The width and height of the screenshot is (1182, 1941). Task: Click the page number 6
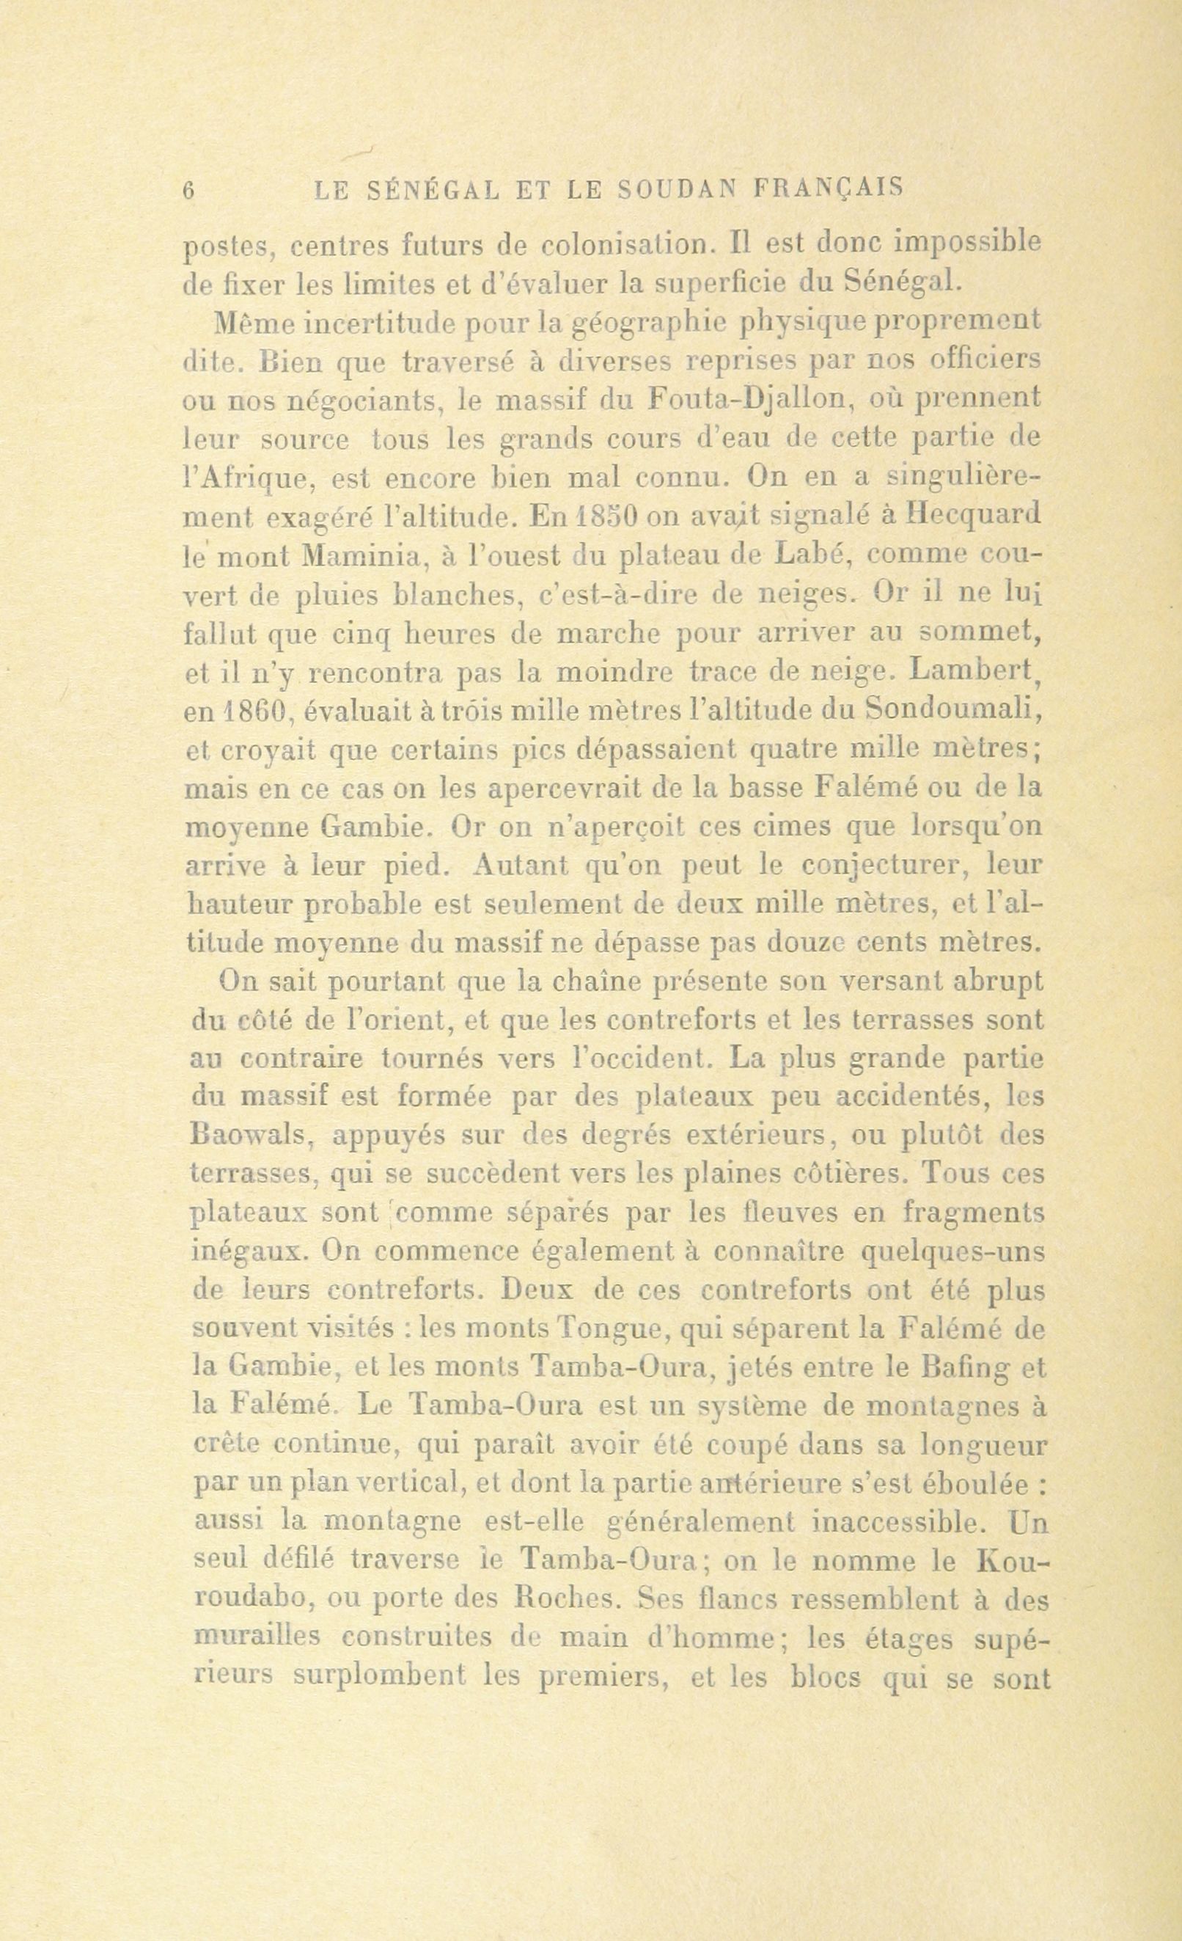click(188, 191)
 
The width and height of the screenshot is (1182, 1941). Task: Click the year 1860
click(249, 712)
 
